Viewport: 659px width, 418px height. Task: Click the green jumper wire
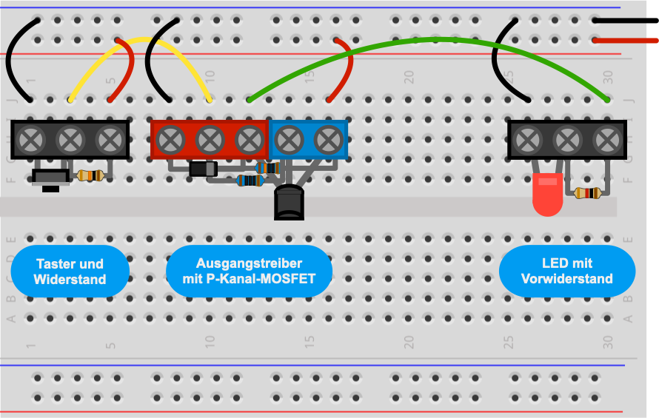tap(429, 40)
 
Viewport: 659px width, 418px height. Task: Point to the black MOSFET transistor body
tap(289, 203)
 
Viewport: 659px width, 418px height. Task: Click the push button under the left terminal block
tap(51, 178)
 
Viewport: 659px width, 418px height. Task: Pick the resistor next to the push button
tap(91, 175)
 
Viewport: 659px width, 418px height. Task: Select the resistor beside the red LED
tap(587, 193)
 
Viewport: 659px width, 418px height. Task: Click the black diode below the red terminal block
tap(204, 169)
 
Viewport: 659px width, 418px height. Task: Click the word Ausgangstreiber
tap(249, 263)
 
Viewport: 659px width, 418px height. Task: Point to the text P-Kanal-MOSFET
tap(261, 278)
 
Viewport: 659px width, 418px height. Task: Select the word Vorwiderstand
tap(567, 278)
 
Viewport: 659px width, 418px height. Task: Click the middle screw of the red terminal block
tap(210, 140)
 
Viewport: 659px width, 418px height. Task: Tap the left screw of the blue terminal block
tap(289, 140)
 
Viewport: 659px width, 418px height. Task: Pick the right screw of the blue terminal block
tap(328, 140)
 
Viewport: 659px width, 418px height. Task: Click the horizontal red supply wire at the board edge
tap(626, 41)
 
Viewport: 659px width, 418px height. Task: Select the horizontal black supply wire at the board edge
tap(626, 20)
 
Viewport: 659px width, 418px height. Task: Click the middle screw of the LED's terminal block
tap(567, 140)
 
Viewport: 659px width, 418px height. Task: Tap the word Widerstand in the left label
tap(70, 280)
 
